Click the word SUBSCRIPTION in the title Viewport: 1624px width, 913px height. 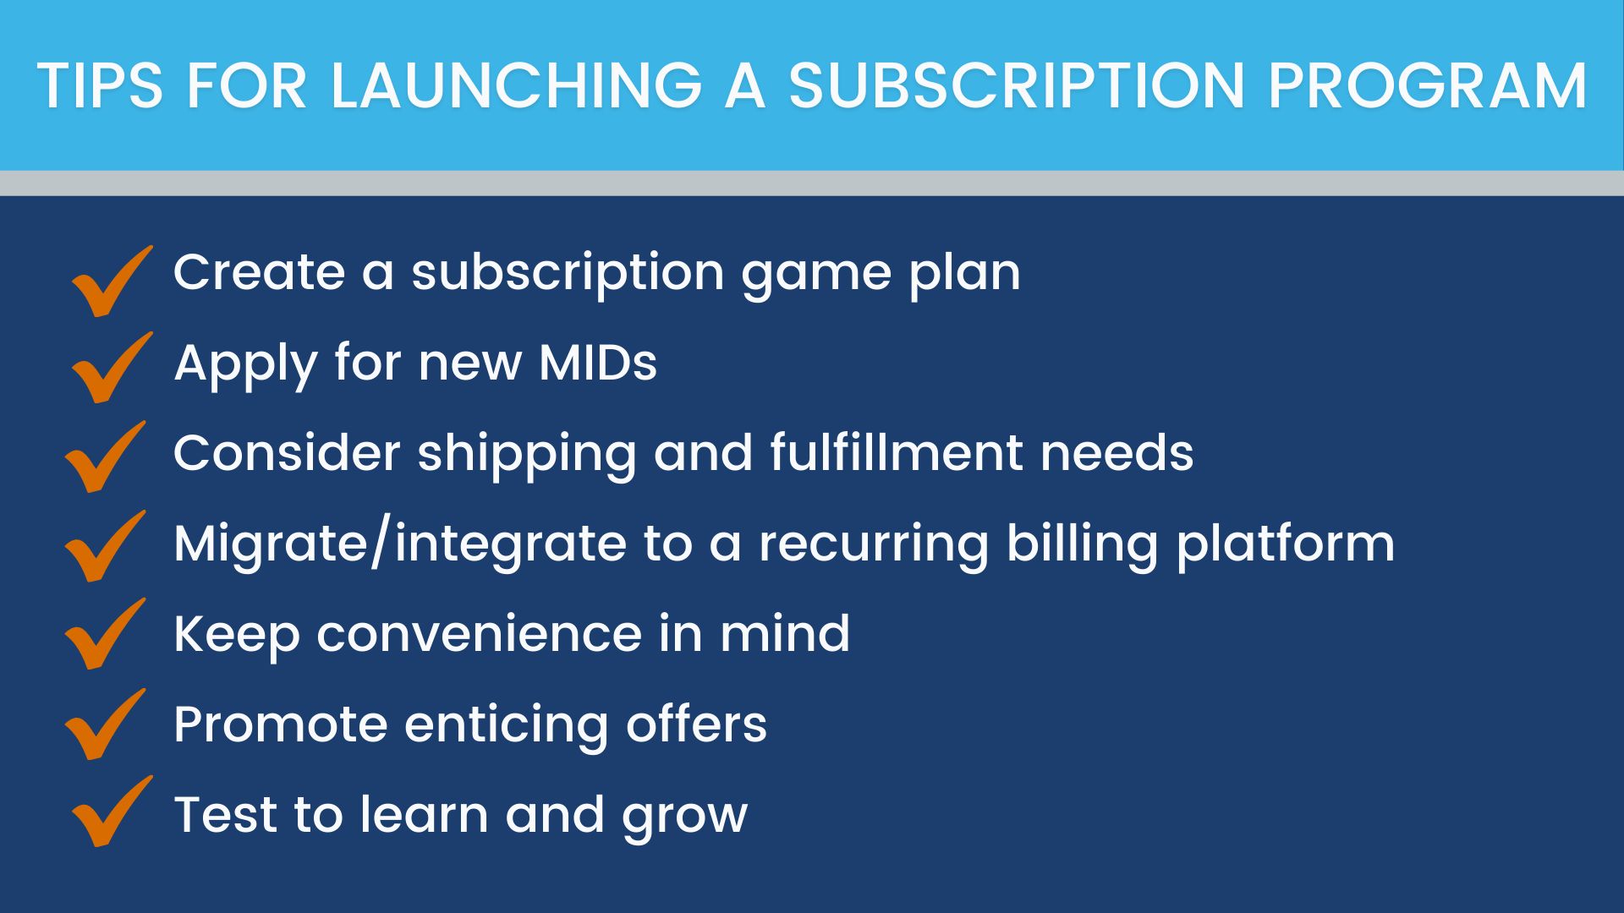[x=1017, y=86]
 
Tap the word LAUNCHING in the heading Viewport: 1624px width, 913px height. [x=516, y=86]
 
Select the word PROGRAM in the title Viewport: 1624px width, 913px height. [x=1427, y=86]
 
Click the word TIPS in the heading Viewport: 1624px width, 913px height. [x=101, y=86]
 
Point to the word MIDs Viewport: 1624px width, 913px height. [x=598, y=363]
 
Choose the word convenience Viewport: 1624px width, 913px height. [x=480, y=634]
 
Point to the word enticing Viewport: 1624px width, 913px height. [x=506, y=726]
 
